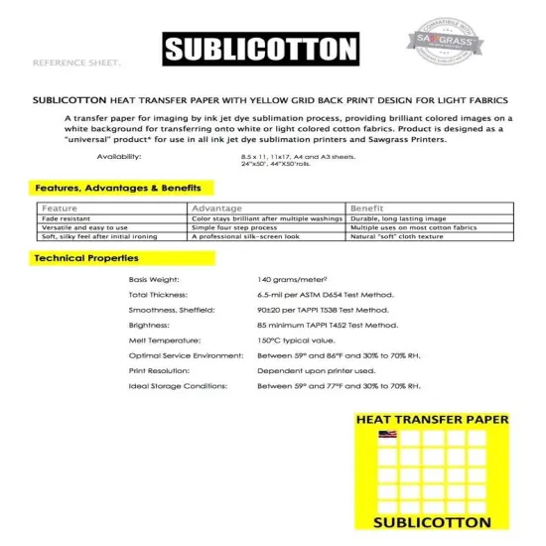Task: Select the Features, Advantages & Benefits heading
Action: (x=118, y=188)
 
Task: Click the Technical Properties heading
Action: (x=86, y=258)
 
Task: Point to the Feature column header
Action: (x=60, y=208)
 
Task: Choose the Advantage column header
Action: (x=216, y=208)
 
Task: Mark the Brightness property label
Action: (x=149, y=325)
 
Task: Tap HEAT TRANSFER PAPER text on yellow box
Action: (x=432, y=419)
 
